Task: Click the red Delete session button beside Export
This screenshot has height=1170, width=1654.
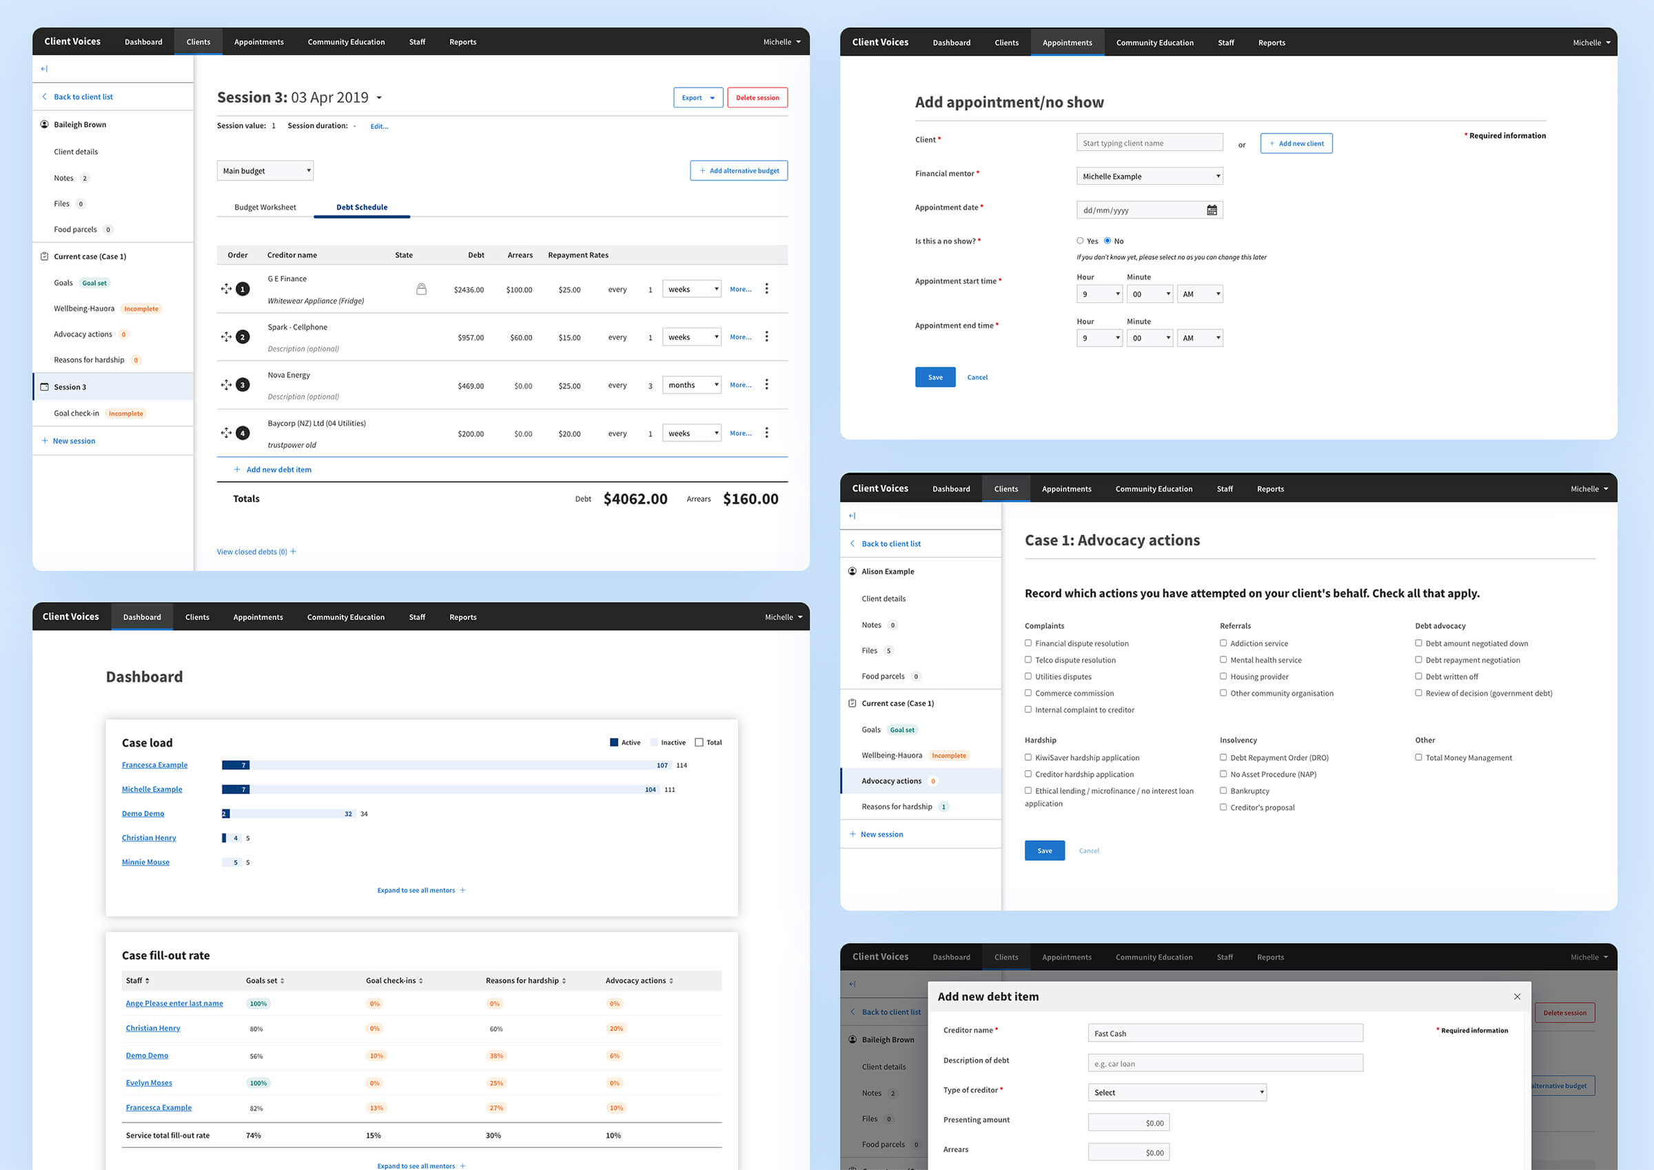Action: click(757, 97)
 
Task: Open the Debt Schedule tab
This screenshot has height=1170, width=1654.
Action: click(362, 208)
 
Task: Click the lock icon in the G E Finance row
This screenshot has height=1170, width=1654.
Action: click(421, 289)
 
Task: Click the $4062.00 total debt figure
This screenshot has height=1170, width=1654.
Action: click(635, 499)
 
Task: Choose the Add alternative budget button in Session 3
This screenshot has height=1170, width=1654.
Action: click(738, 171)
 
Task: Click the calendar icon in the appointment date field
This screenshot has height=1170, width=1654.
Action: click(1212, 210)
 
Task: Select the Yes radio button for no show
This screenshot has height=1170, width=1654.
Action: click(1080, 241)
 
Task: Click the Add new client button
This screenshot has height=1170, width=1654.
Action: click(1296, 143)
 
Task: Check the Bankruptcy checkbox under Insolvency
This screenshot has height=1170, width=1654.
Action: click(1223, 791)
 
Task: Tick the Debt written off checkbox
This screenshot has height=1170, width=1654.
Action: click(1418, 676)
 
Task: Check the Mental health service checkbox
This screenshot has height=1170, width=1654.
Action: click(1223, 660)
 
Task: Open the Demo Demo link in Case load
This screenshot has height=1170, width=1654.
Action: click(143, 814)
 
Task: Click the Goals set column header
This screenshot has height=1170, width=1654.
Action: click(265, 980)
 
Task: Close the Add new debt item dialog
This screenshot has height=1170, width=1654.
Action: click(1517, 996)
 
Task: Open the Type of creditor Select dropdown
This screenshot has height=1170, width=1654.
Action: click(1176, 1092)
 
